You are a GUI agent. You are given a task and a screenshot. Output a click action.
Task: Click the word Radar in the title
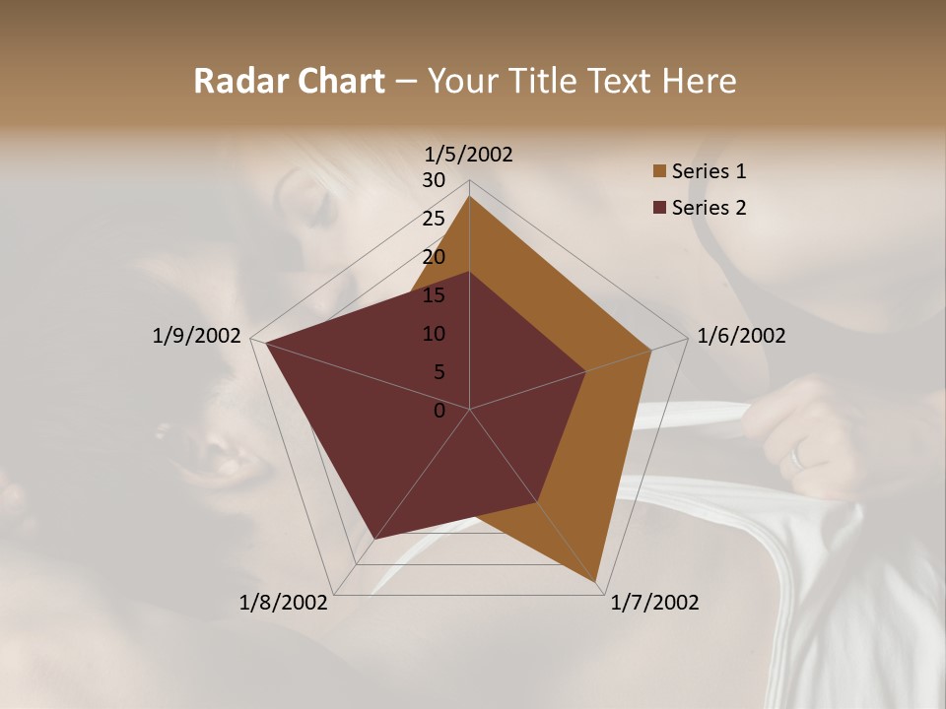click(232, 82)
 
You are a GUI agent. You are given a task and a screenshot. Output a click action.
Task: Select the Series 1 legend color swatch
click(659, 171)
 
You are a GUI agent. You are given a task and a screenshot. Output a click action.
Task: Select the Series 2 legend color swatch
click(659, 208)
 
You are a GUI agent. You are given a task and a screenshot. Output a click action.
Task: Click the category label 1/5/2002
click(469, 154)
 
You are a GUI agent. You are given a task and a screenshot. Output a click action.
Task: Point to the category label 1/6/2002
click(741, 336)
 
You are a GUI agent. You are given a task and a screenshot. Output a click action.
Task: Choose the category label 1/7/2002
click(654, 603)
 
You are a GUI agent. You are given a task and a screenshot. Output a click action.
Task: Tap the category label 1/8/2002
click(284, 603)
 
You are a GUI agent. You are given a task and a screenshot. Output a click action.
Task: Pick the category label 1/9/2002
click(196, 336)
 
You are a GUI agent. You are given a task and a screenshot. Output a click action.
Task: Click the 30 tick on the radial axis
click(434, 180)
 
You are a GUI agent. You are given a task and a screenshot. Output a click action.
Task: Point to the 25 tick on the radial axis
click(434, 219)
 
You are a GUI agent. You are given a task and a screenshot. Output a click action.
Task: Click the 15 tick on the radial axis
click(434, 295)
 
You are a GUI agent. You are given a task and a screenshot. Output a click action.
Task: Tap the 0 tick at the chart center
click(439, 411)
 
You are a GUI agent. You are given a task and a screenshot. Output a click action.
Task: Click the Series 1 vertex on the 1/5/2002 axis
click(469, 196)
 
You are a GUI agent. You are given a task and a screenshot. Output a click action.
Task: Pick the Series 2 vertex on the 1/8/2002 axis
click(374, 539)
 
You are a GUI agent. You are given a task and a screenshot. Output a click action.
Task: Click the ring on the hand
click(797, 455)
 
